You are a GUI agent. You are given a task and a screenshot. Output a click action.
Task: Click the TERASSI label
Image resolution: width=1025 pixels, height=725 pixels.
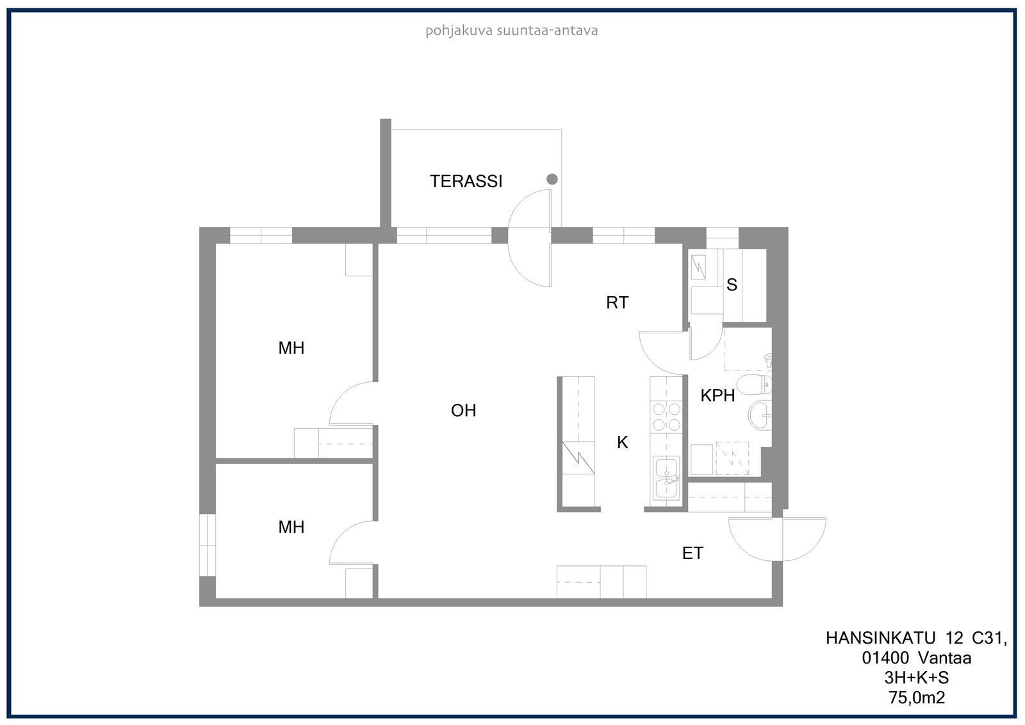[466, 181]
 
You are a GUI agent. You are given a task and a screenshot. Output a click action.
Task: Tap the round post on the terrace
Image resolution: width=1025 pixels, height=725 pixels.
[552, 179]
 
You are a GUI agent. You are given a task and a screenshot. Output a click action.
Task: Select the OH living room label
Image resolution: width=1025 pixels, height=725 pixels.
[463, 410]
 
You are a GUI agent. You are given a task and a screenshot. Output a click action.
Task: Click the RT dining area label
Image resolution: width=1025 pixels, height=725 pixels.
[618, 303]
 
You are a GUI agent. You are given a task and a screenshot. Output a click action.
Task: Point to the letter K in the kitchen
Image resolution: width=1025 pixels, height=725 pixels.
[622, 442]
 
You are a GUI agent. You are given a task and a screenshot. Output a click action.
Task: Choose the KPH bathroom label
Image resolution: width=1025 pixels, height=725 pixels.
[717, 396]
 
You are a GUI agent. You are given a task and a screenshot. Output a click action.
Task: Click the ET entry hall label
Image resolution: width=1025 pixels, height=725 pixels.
[693, 554]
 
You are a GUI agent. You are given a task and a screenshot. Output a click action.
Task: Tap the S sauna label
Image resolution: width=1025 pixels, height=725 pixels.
[732, 285]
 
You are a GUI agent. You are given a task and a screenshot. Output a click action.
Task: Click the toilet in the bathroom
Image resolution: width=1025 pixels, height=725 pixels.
[755, 384]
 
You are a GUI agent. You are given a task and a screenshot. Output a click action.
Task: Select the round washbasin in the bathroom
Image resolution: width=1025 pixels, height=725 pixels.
[760, 415]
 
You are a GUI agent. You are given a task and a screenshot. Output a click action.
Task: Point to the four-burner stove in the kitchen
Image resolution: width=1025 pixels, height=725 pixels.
[666, 417]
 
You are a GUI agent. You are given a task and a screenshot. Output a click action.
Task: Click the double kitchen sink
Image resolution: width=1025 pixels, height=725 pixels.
[666, 478]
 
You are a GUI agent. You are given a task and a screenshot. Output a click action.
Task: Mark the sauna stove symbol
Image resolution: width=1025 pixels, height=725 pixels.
[698, 268]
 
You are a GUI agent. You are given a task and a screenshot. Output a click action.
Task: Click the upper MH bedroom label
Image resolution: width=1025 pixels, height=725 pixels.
[291, 348]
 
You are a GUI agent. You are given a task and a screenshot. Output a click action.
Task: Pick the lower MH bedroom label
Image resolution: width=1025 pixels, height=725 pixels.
[291, 527]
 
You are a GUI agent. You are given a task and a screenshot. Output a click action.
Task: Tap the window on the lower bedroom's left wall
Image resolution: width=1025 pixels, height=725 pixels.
[208, 545]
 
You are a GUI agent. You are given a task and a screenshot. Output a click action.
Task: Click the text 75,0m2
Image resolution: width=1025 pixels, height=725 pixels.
[917, 697]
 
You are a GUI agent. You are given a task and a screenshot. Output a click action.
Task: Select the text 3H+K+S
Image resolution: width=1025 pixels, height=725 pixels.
[917, 678]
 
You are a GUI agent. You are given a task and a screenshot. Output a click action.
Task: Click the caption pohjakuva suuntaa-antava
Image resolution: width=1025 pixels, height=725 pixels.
[512, 31]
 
